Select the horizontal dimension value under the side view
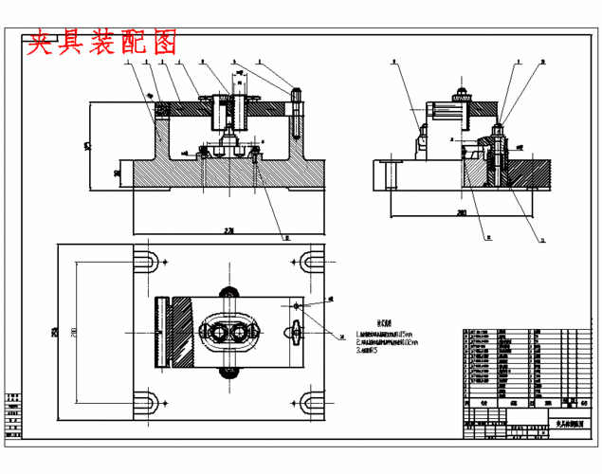[461, 212]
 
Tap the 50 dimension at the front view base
[116, 173]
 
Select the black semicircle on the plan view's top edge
[228, 292]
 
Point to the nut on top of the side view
[461, 93]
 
